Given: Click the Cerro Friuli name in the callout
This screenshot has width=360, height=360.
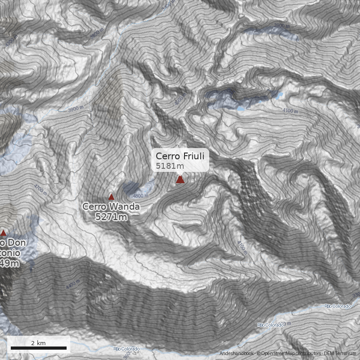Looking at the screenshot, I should (x=180, y=156).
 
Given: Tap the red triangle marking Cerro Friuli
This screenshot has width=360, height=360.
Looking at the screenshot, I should (x=180, y=180).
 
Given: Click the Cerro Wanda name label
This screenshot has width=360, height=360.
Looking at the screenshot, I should (x=111, y=207).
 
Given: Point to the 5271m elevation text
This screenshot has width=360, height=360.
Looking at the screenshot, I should (x=111, y=217).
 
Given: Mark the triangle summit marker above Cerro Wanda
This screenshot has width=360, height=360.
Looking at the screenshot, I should (x=111, y=197).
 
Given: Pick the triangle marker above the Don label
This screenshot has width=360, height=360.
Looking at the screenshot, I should (x=4, y=233).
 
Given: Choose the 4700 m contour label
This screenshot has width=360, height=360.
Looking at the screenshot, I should (x=40, y=189).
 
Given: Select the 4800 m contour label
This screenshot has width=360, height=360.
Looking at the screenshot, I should (x=140, y=196).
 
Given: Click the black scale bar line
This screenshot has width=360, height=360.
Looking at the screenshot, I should (x=38, y=348).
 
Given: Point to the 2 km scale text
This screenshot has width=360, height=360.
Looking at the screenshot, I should (x=38, y=343).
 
